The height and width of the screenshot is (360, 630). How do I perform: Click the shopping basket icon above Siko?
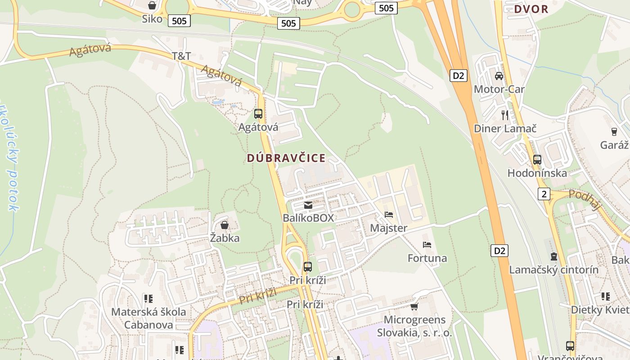pos(152,5)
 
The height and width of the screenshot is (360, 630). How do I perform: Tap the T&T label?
pos(181,56)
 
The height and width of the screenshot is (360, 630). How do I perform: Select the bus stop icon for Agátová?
pos(258,113)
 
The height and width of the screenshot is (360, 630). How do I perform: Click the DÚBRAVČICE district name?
pos(286,158)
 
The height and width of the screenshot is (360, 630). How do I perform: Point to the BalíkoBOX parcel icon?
pos(308,205)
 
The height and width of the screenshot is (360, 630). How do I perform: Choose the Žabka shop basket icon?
pos(225,225)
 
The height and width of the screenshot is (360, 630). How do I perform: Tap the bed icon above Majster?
pos(389,215)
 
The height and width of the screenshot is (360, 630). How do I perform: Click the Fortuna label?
pos(427,258)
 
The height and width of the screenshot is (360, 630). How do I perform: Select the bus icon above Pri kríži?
pos(308,266)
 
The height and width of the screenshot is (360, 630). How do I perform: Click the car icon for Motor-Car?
pos(499,76)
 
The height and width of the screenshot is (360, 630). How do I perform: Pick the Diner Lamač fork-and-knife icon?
pos(505,115)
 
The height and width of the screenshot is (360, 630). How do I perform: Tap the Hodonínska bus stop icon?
pos(537,159)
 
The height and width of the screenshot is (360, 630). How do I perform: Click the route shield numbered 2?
pos(544,194)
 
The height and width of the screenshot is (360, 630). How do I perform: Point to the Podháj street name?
pos(585,200)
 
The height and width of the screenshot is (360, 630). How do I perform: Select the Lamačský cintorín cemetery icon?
pos(553,256)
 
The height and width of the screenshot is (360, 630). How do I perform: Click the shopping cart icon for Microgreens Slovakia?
pos(414,306)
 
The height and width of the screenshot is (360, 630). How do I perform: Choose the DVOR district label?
pos(531,9)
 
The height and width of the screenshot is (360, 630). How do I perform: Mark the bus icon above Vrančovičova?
pos(570,346)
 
